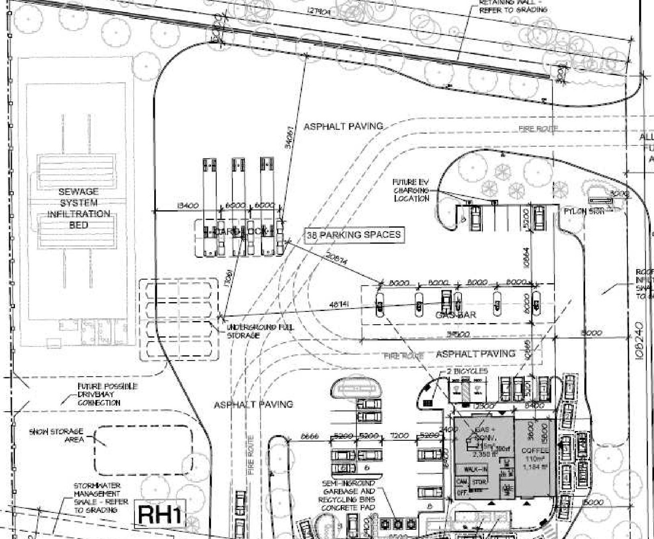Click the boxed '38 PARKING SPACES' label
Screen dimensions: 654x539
click(354, 235)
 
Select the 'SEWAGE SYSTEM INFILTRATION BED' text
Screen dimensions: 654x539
click(78, 208)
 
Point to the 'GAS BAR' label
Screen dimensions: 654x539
click(455, 315)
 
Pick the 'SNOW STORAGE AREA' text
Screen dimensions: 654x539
click(56, 435)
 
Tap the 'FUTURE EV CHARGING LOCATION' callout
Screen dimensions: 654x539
click(411, 190)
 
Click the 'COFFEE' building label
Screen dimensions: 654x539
click(535, 451)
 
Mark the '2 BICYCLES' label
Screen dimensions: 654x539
click(467, 371)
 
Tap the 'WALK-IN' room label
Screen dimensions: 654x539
click(475, 469)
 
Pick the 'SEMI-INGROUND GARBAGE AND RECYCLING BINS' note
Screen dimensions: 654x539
click(348, 495)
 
